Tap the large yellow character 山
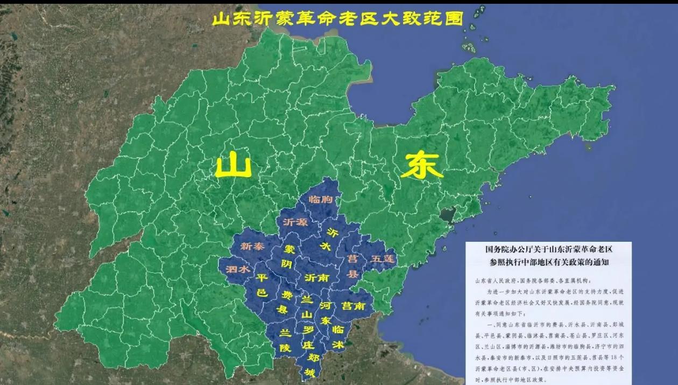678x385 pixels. click(x=234, y=166)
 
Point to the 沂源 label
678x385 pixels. click(x=295, y=222)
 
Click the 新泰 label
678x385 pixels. click(x=253, y=247)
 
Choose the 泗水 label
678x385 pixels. click(x=237, y=269)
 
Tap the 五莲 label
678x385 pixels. click(x=383, y=258)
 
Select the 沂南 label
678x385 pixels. click(x=317, y=278)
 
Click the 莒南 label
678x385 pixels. click(x=354, y=305)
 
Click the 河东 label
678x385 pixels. click(x=325, y=312)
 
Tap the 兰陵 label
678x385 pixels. click(x=286, y=341)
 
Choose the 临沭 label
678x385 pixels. click(x=338, y=337)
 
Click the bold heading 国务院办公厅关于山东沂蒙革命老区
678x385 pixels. click(x=549, y=249)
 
